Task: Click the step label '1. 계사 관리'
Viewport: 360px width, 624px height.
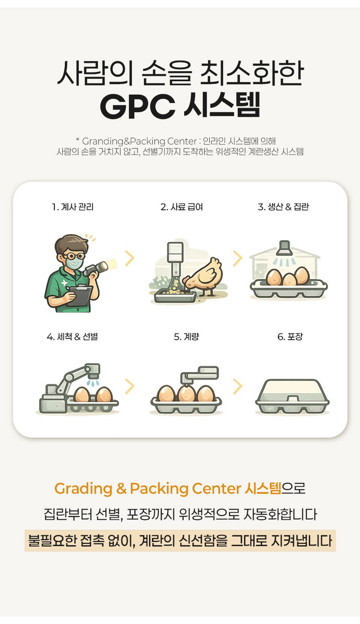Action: click(x=72, y=207)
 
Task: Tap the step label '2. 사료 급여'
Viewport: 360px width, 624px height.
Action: click(x=182, y=207)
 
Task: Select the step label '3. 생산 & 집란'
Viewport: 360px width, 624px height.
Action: click(x=283, y=207)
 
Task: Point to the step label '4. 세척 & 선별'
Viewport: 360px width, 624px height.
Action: click(x=72, y=337)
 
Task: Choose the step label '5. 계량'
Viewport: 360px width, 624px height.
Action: click(x=186, y=337)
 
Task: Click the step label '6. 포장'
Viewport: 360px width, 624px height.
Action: click(x=290, y=337)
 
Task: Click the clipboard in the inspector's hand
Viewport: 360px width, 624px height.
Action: click(x=79, y=295)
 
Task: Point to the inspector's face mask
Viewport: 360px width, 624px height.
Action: click(x=74, y=263)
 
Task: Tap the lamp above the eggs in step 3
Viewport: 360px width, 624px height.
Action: click(x=284, y=248)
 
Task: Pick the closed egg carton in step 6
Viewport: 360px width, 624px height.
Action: click(x=292, y=396)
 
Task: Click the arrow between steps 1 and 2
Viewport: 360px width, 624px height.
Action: click(x=130, y=258)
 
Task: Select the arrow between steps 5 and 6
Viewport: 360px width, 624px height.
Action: click(x=238, y=387)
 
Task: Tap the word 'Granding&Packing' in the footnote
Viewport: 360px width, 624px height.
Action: click(x=124, y=141)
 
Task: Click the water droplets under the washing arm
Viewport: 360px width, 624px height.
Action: click(x=93, y=383)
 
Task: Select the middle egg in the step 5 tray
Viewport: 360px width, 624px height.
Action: click(x=186, y=393)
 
